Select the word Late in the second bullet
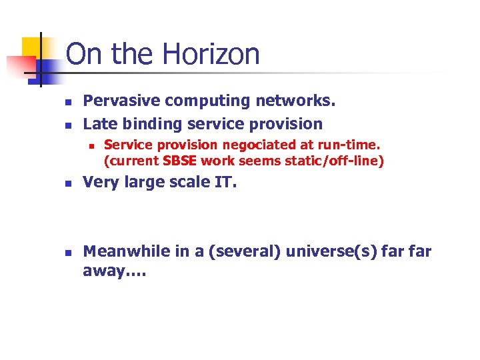click(98, 124)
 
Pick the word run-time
click(351, 145)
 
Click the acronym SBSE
click(181, 160)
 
